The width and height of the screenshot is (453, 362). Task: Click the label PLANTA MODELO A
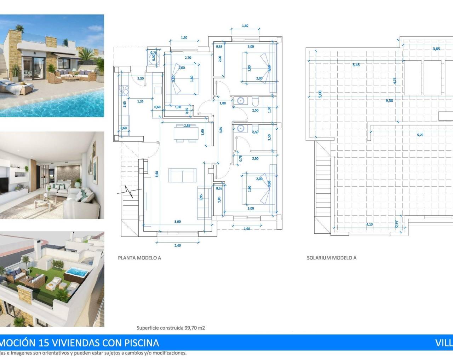(139, 258)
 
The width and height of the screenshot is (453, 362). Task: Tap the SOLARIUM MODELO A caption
(331, 258)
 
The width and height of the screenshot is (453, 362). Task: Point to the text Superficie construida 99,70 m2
(171, 328)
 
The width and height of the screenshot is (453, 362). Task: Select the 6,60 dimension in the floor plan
(157, 174)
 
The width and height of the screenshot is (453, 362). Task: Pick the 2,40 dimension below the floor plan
(178, 245)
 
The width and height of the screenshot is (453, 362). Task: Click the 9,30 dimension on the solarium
(389, 101)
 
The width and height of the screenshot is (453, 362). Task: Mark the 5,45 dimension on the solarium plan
(356, 65)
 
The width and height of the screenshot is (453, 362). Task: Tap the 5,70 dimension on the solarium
(420, 135)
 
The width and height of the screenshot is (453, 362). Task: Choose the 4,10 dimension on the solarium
(369, 224)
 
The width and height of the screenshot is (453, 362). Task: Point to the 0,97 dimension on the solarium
(396, 224)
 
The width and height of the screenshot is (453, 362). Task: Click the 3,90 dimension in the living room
(178, 222)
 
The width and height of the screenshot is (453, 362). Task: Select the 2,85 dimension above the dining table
(187, 125)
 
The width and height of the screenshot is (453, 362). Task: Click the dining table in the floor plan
(186, 133)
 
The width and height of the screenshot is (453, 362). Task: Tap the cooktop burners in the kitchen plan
(124, 91)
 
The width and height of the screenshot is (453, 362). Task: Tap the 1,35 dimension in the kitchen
(140, 101)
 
